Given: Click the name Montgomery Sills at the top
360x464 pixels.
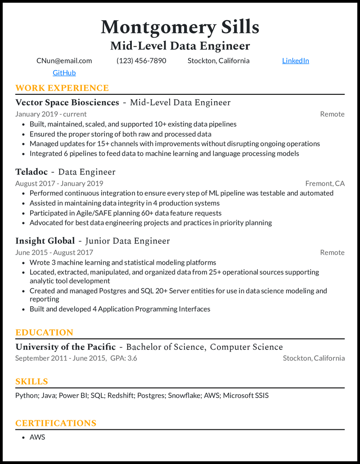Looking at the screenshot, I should coord(180,27).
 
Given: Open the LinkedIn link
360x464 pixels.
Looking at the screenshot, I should coord(295,61).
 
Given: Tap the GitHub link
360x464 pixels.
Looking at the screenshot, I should coord(64,73).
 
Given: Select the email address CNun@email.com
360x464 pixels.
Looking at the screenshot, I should coord(64,61).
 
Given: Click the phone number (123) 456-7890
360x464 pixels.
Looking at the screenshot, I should coord(141,61).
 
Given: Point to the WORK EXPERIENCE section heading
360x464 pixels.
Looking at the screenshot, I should coord(62,88).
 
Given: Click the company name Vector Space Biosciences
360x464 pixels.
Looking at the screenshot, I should coord(67,103).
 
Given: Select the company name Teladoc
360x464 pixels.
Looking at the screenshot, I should coord(31,172).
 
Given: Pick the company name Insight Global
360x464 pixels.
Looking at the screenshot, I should coord(45,241).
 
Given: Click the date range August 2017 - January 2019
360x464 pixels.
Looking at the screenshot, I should coord(59,183).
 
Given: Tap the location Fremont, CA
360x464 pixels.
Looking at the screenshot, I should coord(325,183).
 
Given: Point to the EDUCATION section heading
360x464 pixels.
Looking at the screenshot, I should coord(44,333).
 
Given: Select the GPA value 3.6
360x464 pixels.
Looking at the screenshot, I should coord(132,358).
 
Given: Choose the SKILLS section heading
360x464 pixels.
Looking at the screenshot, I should coord(31,382).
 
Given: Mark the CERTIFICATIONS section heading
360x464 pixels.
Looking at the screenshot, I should coord(56,424).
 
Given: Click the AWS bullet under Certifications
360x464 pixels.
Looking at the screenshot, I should coord(37,437).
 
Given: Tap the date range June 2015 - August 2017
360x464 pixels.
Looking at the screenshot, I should coord(54,253).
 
